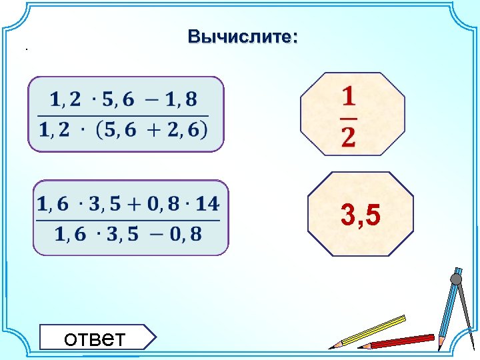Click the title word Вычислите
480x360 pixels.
pos(243,37)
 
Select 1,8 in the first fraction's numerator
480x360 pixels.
pos(181,100)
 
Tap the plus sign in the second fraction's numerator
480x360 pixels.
pos(129,204)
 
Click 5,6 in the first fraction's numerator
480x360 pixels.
pos(118,100)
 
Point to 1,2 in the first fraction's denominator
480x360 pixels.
pos(55,130)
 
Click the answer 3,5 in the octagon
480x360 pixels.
pos(360,215)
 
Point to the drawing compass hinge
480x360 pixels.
pos(456,278)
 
